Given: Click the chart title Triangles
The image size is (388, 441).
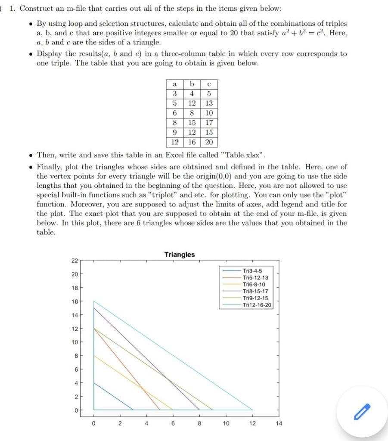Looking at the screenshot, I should [x=179, y=255].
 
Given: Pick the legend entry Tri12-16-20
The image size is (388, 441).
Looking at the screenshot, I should [x=257, y=305].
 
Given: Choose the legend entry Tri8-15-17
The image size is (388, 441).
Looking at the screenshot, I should [x=255, y=291].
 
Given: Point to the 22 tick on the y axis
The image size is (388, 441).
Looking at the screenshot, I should [x=74, y=261].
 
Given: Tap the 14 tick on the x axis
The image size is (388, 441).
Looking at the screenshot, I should [x=279, y=423].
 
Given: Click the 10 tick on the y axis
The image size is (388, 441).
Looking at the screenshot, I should [x=74, y=342].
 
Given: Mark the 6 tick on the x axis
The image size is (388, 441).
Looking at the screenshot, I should [x=173, y=423].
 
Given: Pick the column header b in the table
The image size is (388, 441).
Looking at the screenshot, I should [x=192, y=84].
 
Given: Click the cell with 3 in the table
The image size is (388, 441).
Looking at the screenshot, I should [x=174, y=93].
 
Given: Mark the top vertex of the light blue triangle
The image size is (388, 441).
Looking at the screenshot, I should [x=94, y=301].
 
